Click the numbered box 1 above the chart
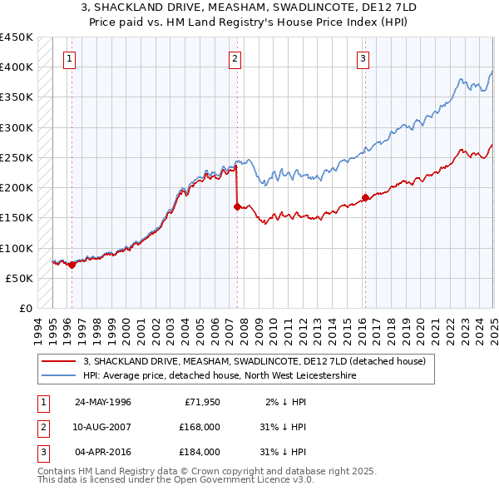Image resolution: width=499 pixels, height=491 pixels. [69, 58]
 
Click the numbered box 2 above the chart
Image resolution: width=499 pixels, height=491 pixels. [235, 58]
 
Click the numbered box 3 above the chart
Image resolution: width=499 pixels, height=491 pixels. [363, 58]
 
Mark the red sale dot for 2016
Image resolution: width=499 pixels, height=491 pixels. [365, 197]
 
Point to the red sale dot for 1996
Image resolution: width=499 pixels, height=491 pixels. [72, 265]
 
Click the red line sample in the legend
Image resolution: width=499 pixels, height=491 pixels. [58, 361]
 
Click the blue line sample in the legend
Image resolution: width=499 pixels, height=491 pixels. [58, 375]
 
